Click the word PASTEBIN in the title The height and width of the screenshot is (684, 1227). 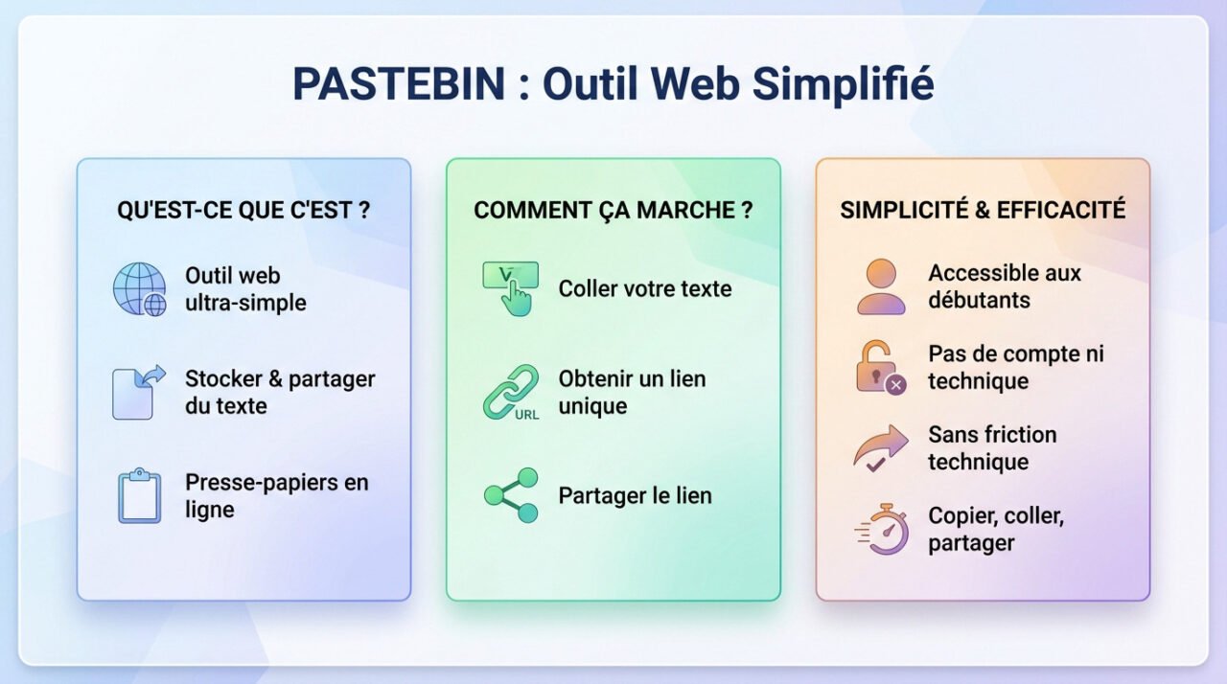pos(398,84)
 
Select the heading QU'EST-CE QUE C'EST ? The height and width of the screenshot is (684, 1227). pos(243,211)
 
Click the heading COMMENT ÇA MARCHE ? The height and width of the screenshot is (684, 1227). pos(613,211)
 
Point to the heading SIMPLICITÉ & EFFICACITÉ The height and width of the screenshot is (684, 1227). pos(983,211)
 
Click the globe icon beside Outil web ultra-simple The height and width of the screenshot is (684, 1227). pos(140,289)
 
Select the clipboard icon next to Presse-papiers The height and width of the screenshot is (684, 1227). pos(140,495)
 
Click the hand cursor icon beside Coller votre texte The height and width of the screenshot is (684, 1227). pos(510,288)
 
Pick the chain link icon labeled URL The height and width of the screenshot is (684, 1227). pos(510,392)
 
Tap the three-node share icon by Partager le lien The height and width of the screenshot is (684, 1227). pos(511,495)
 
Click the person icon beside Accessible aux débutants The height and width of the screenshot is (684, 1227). pos(881,286)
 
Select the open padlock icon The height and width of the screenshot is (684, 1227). pos(879,367)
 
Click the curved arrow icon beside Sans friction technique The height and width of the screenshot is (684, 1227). pos(880,448)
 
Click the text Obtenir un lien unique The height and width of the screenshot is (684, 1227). pos(632,392)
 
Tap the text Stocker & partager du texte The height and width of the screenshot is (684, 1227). pos(280,392)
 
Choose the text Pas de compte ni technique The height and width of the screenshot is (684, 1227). pos(1015,367)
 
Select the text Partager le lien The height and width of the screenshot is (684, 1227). pos(635,496)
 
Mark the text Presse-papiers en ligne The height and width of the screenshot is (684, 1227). pos(276,495)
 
